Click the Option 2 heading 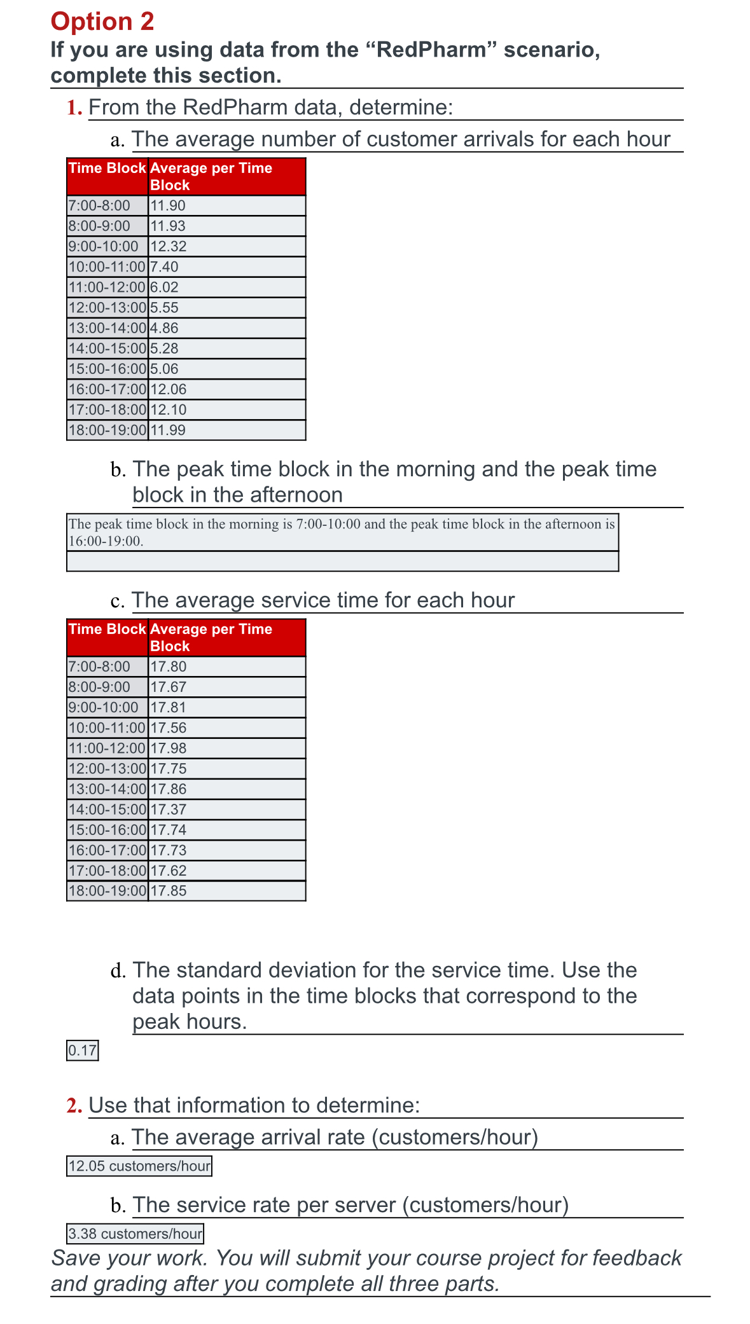(x=102, y=22)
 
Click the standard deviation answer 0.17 (x=83, y=1051)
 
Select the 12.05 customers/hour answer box (x=139, y=1166)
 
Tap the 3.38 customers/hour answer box (x=135, y=1234)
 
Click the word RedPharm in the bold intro (x=431, y=50)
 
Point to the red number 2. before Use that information (x=74, y=1106)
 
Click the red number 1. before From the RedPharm (x=74, y=107)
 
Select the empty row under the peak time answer (x=342, y=562)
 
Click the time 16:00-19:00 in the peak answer (x=104, y=542)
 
